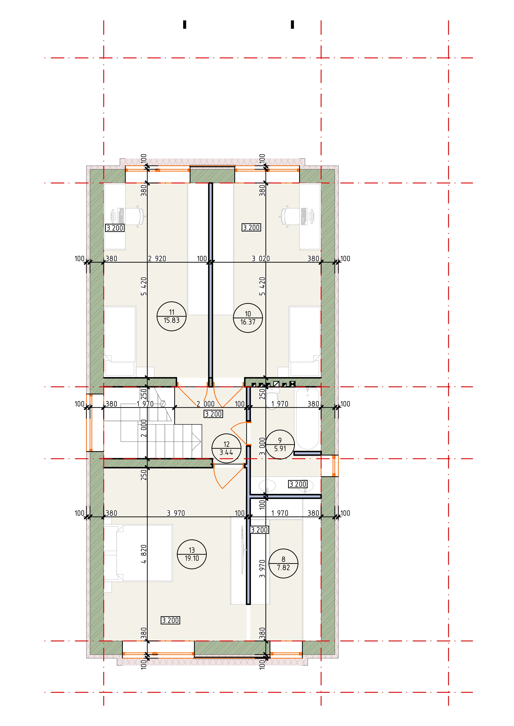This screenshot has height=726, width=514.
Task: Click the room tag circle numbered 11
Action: pyautogui.click(x=172, y=316)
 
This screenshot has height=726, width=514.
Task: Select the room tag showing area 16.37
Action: pyautogui.click(x=248, y=318)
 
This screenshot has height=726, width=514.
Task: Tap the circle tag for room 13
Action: pyautogui.click(x=192, y=554)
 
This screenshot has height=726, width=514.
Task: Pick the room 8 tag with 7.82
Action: pyautogui.click(x=283, y=564)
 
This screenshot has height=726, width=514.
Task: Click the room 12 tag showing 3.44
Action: pyautogui.click(x=226, y=448)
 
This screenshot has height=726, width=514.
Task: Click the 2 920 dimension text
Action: pyautogui.click(x=157, y=259)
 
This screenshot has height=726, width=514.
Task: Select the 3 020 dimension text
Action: pyautogui.click(x=261, y=259)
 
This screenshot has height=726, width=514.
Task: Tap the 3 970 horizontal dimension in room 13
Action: pyautogui.click(x=176, y=513)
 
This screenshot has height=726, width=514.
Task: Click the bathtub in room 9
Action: pyautogui.click(x=307, y=419)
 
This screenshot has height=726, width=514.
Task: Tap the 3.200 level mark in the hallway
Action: pyautogui.click(x=213, y=414)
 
